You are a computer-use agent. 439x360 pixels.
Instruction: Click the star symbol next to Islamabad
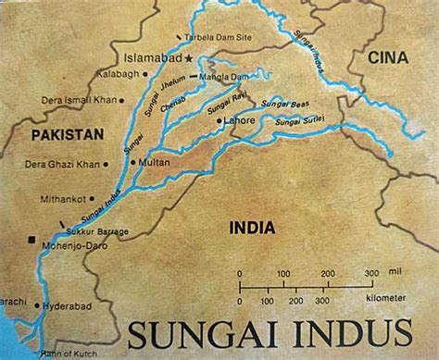pos(190,56)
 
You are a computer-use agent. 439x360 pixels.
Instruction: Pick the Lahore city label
pos(240,119)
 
